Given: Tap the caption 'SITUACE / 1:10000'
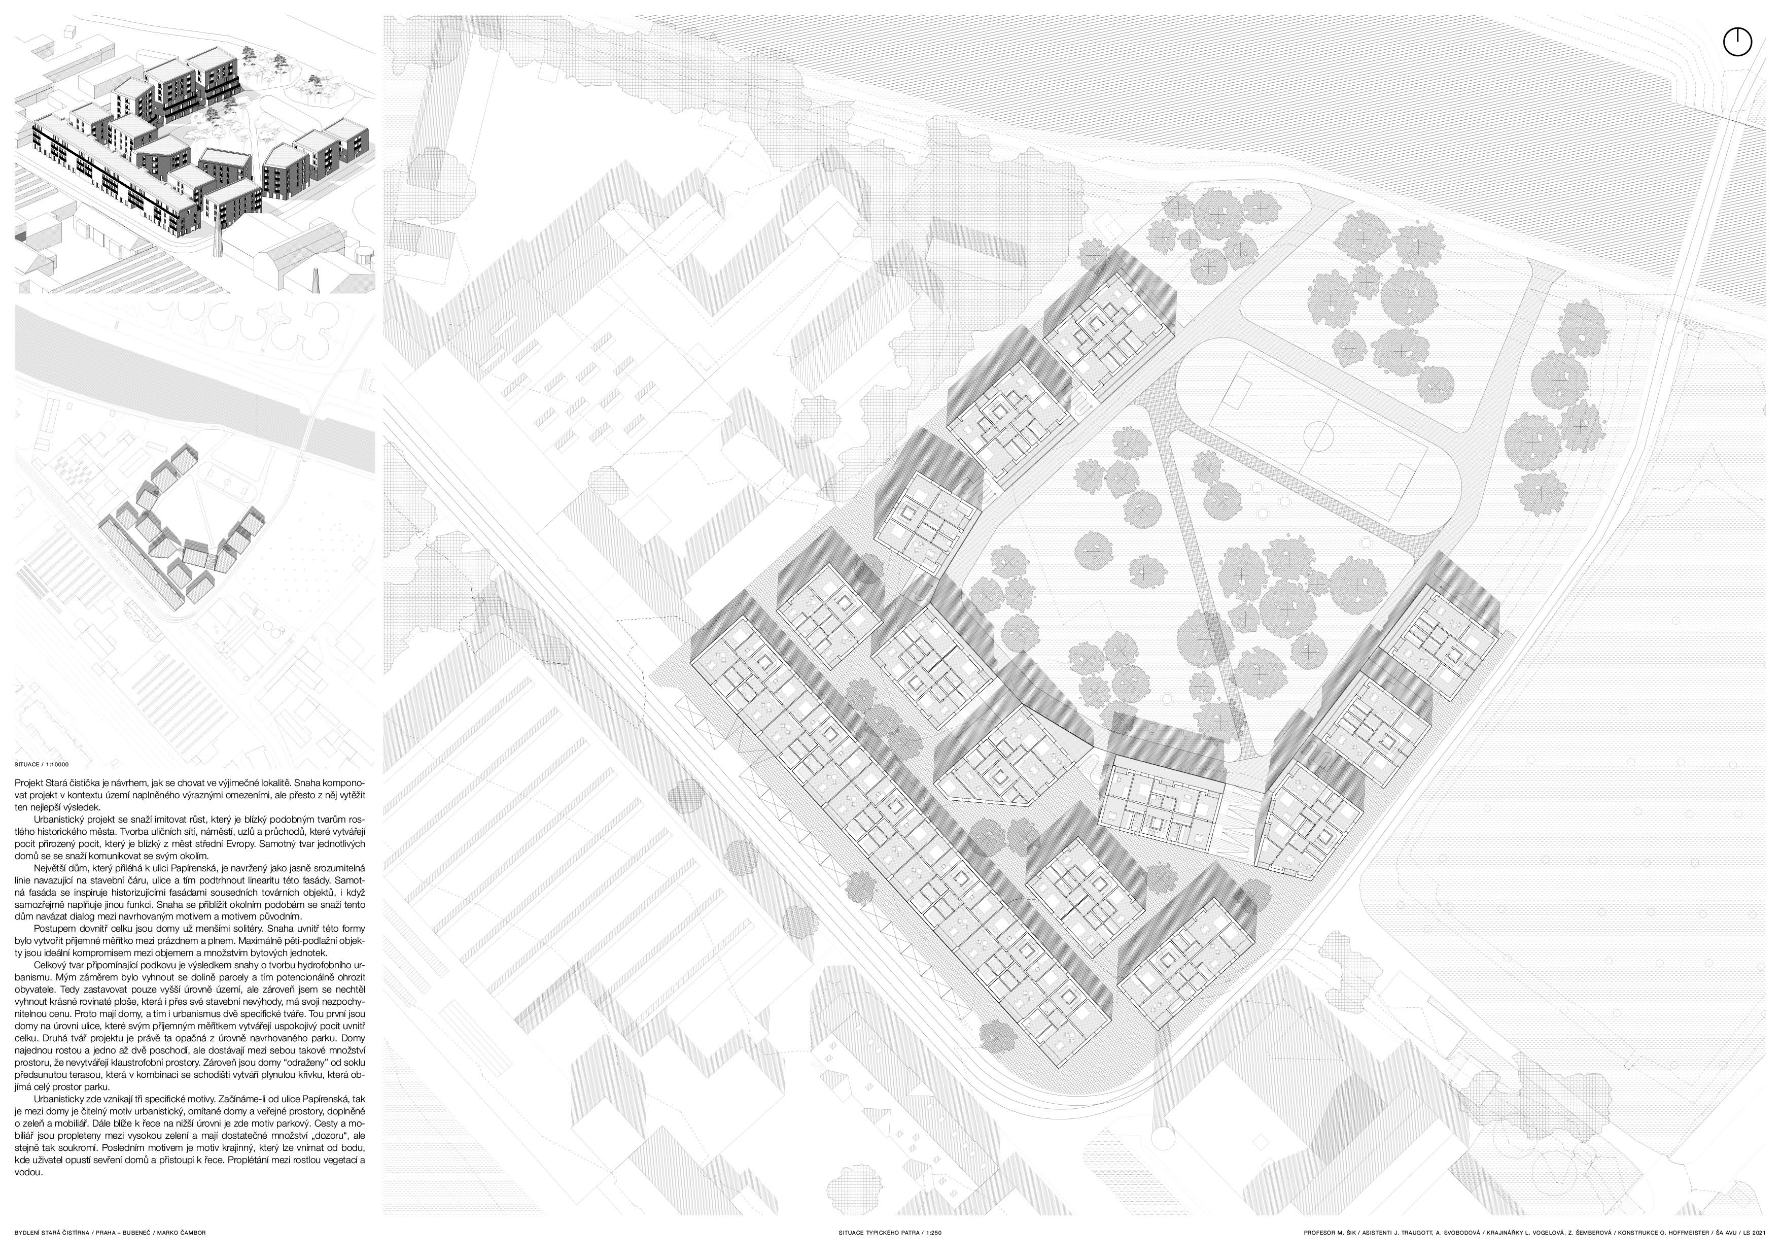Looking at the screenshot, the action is (41, 764).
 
